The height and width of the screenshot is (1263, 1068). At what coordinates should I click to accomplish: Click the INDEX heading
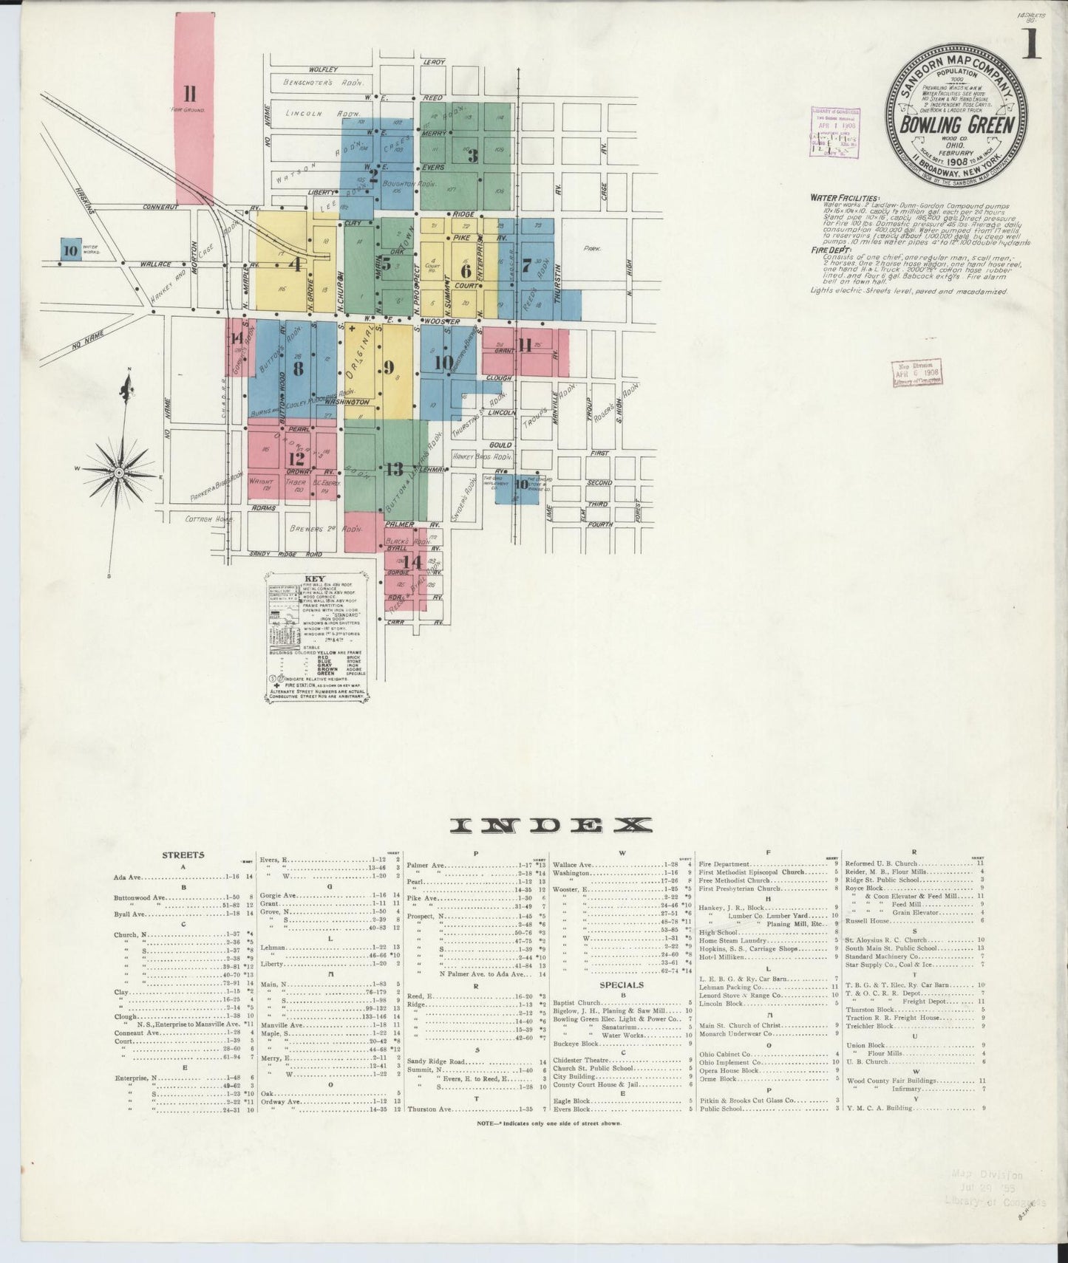tap(553, 824)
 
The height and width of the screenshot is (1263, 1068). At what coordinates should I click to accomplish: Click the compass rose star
tap(118, 470)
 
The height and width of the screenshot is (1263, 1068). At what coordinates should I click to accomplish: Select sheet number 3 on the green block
tap(472, 155)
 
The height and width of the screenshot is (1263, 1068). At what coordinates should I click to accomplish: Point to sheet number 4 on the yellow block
tap(294, 264)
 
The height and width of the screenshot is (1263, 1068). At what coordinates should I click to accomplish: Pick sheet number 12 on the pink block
tap(297, 458)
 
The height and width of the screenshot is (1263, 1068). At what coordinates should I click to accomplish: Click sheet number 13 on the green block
tap(393, 468)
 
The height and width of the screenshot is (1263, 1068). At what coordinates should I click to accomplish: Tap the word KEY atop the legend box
tap(316, 578)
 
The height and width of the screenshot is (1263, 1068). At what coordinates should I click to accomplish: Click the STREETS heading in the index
tap(183, 855)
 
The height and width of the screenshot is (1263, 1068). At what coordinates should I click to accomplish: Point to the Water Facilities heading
tap(844, 198)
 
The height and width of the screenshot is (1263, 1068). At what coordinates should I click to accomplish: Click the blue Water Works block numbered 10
tap(70, 250)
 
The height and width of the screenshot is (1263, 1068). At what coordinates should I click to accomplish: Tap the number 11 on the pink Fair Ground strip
tap(189, 93)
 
